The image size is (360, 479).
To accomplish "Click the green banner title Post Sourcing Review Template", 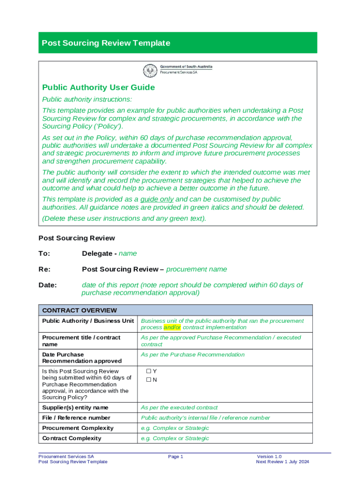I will (x=106, y=43).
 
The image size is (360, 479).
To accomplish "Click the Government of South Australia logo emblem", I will (x=151, y=71).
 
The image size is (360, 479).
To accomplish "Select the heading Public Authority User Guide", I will (x=98, y=87).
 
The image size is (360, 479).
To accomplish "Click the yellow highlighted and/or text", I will (x=172, y=327).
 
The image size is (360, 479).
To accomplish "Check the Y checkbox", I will (x=148, y=371).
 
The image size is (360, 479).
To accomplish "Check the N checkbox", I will (x=148, y=380).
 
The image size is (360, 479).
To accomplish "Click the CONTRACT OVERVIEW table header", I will (x=79, y=310).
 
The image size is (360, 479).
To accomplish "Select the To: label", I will (x=44, y=254).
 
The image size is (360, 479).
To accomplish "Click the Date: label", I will (x=47, y=285).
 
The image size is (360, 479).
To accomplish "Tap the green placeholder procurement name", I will (x=196, y=269).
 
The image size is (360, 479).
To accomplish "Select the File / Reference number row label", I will (x=76, y=418).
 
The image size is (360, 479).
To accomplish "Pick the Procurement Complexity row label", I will (x=78, y=428).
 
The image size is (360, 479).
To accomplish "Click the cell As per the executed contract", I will (x=179, y=407).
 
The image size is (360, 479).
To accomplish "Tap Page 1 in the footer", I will (x=175, y=457).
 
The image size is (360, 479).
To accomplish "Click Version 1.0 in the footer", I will (x=269, y=457).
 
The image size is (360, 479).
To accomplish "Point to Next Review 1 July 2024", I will (x=282, y=462).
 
